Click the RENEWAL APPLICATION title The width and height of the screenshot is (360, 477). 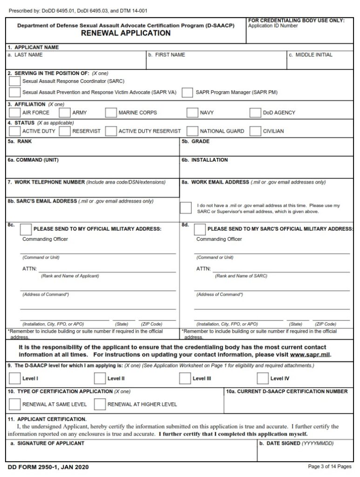click(x=126, y=34)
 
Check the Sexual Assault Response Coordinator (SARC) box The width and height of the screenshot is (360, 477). click(x=15, y=81)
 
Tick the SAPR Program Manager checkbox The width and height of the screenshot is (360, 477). click(x=188, y=92)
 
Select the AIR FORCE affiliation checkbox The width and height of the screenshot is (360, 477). click(x=15, y=113)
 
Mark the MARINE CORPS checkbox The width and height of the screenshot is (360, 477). click(x=111, y=113)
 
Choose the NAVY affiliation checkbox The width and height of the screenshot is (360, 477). click(x=192, y=113)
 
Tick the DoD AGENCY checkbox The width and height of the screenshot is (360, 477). click(x=255, y=113)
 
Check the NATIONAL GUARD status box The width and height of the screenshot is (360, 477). click(x=192, y=131)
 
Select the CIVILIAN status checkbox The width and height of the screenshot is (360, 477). click(x=255, y=131)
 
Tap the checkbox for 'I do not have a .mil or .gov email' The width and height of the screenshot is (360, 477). click(x=186, y=208)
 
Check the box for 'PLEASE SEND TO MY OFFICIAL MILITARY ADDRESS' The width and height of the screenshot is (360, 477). click(x=27, y=229)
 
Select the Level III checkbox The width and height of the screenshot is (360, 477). click(x=185, y=378)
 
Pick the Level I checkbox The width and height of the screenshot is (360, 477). click(x=15, y=378)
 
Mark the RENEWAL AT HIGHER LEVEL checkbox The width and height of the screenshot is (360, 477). click(x=100, y=404)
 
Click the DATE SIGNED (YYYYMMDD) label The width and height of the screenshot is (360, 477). click(x=296, y=443)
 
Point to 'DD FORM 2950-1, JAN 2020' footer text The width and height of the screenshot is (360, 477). click(x=48, y=467)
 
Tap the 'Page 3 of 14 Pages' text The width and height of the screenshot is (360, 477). click(x=329, y=466)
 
